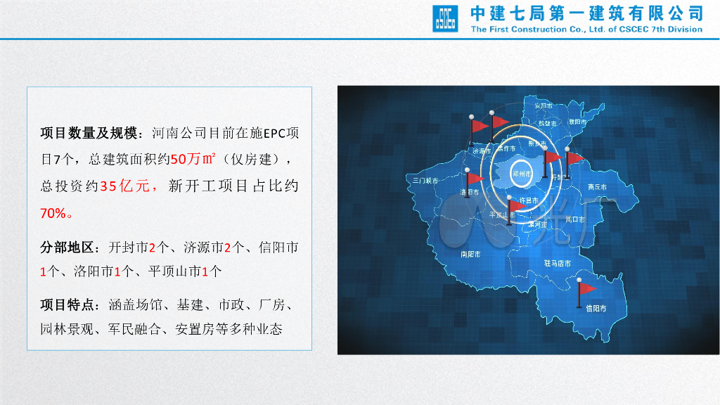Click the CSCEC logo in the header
(x=445, y=19)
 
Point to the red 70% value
(x=54, y=213)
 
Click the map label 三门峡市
(x=425, y=181)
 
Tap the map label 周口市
(x=575, y=219)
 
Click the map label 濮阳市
(x=578, y=122)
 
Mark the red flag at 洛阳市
(x=475, y=178)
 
